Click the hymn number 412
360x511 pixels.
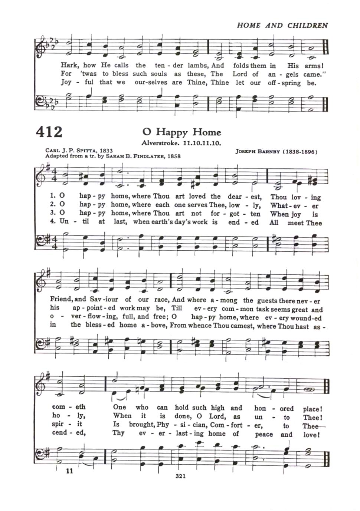tap(49, 132)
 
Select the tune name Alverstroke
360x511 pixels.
tap(160, 143)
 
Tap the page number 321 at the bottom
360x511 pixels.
tap(180, 476)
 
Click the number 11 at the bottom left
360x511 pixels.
tap(69, 471)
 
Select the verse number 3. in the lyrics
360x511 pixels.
tap(53, 213)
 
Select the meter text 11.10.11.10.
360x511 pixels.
tap(202, 143)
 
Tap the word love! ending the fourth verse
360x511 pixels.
tap(311, 434)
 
